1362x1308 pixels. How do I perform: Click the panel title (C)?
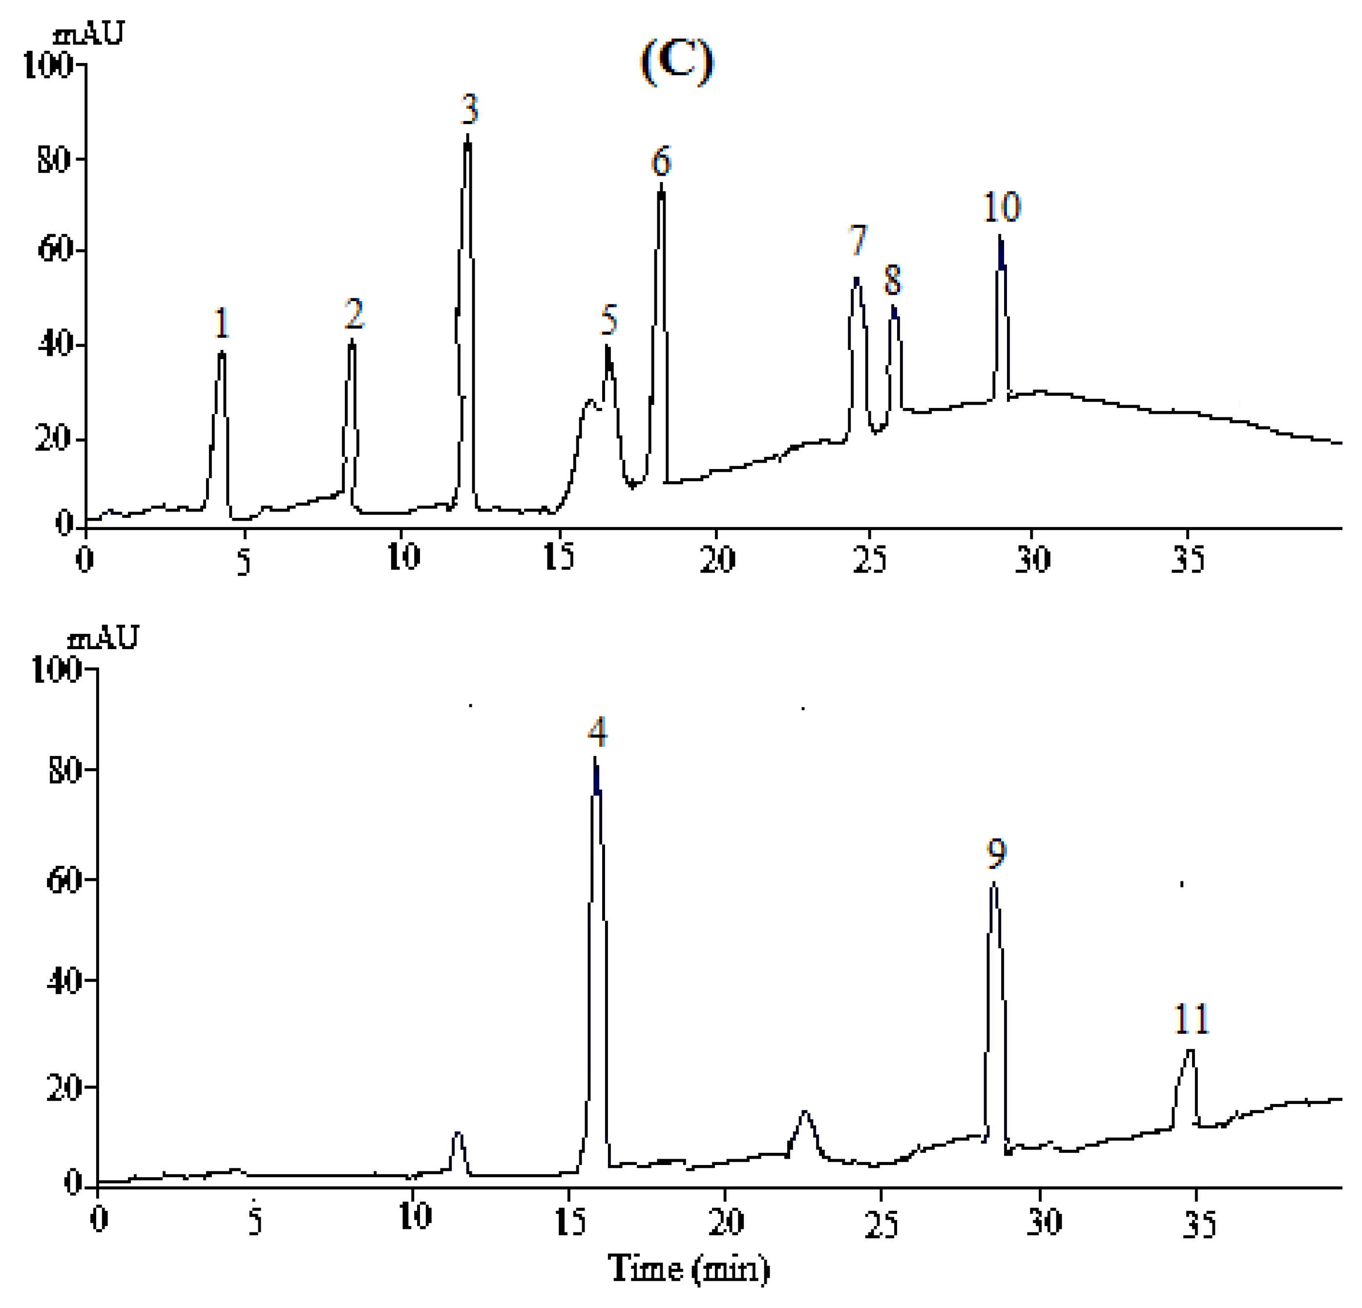677,62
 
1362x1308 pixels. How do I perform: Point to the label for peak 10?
1001,207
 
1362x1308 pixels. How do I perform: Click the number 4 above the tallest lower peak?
597,732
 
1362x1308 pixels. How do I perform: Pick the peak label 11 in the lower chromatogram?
1192,1020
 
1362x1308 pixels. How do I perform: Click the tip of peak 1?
222,353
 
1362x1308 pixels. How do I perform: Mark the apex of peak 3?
468,136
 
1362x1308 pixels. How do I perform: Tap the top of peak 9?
994,883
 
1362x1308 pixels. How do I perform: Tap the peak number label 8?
892,281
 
